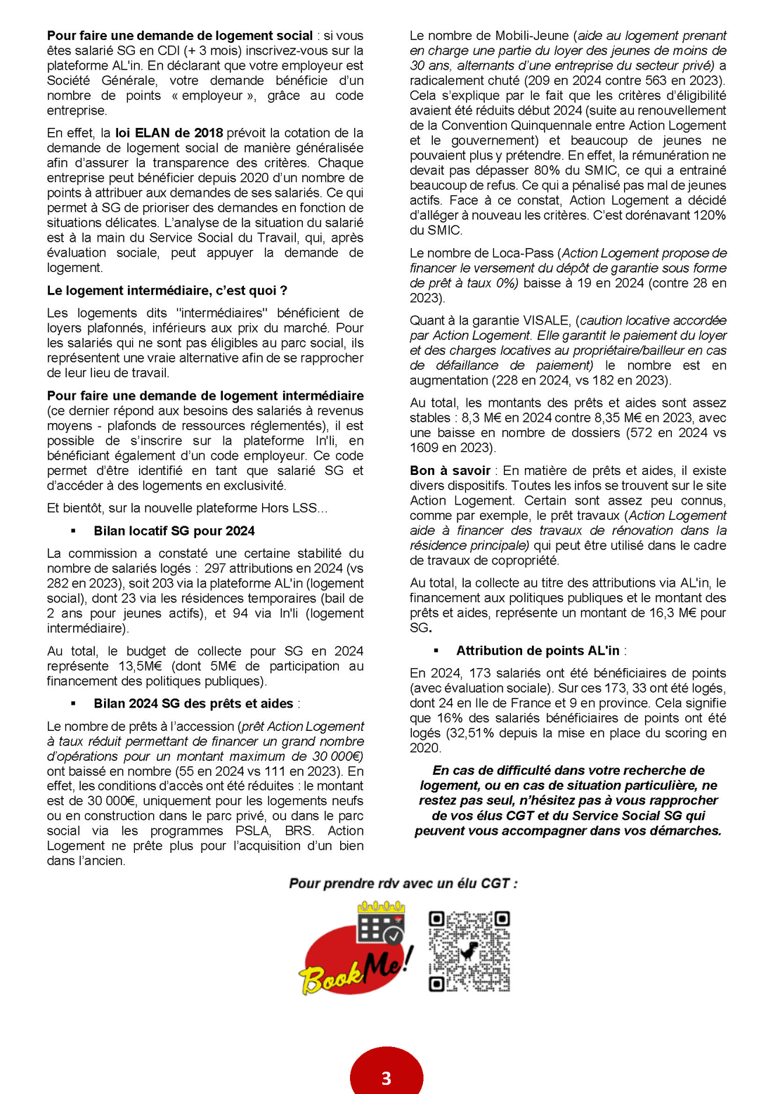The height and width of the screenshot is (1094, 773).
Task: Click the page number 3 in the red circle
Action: point(386,1078)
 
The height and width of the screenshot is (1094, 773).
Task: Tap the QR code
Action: point(469,951)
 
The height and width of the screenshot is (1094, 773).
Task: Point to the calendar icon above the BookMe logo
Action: point(380,924)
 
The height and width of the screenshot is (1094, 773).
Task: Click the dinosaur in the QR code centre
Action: point(469,951)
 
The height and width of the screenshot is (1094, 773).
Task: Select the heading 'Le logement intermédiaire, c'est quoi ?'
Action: point(167,290)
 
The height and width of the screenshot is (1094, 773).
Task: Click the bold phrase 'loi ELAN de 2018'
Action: point(169,133)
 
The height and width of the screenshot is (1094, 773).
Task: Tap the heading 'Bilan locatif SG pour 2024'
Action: point(174,530)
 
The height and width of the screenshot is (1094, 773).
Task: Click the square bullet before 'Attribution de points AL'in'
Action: point(436,651)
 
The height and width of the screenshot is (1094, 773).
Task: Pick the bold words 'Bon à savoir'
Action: point(450,470)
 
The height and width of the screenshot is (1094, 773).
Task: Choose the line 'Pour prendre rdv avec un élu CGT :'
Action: point(403,883)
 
